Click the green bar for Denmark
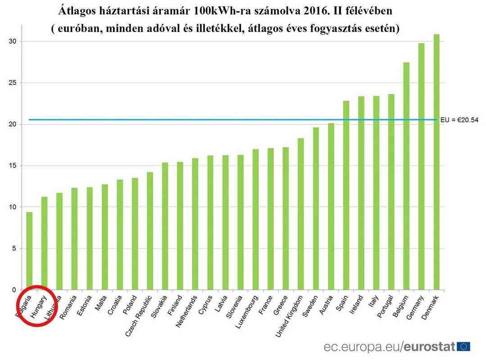click(436, 162)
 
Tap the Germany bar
click(421, 166)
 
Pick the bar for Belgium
click(406, 175)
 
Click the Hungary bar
click(44, 243)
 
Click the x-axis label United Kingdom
click(292, 315)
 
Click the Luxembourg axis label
click(247, 312)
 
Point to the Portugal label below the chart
click(386, 307)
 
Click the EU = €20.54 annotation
click(462, 120)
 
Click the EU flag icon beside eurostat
click(463, 346)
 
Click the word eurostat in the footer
click(429, 346)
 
